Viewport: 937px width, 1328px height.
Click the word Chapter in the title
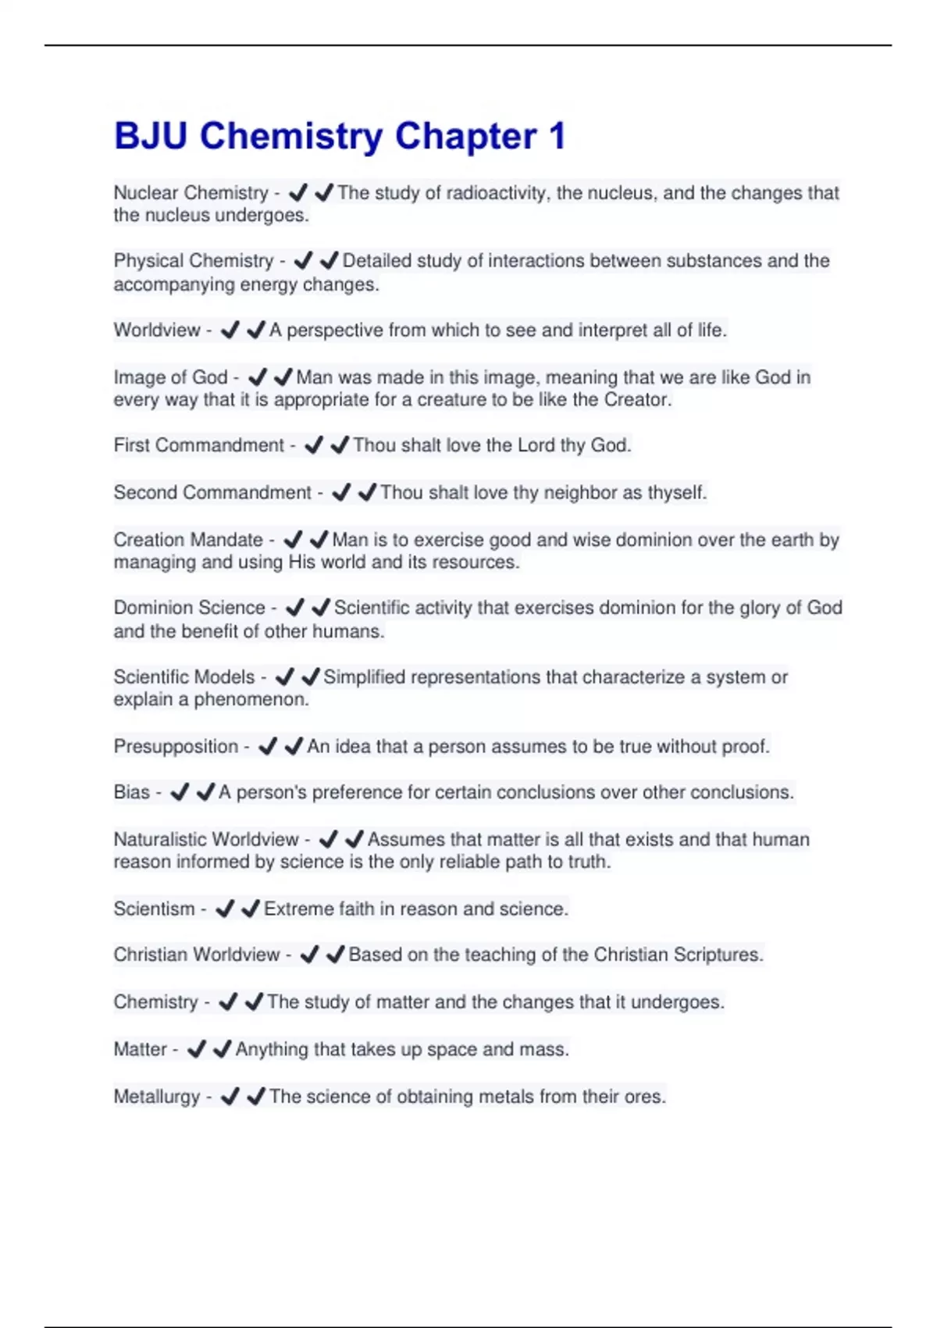click(465, 137)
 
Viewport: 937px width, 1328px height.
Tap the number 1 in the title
click(557, 137)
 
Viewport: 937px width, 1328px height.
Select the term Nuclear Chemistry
click(191, 193)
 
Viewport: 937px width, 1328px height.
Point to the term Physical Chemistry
click(194, 261)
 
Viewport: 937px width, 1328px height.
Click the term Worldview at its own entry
click(157, 330)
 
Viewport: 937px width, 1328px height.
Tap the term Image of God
click(170, 377)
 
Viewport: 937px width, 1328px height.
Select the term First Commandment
click(199, 445)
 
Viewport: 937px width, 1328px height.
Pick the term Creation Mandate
click(188, 540)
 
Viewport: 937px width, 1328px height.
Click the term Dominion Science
click(190, 608)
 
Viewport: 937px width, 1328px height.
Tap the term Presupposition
click(176, 747)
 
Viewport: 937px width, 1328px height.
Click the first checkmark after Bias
click(180, 793)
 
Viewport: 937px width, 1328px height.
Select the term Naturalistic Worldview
click(206, 840)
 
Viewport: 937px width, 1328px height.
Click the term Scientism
click(154, 909)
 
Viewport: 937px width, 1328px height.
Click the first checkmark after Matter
click(197, 1049)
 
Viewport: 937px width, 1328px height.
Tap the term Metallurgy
click(157, 1097)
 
